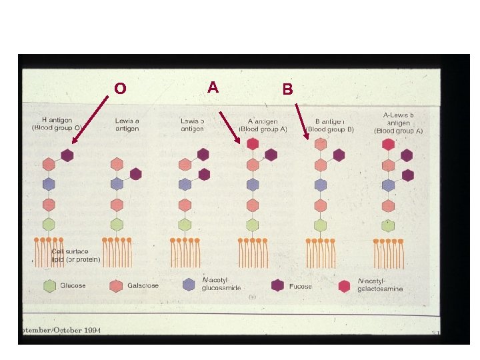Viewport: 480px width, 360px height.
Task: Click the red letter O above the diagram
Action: [x=120, y=88]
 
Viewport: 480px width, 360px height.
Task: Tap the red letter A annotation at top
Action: [x=213, y=87]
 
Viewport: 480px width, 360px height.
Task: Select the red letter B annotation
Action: [x=287, y=89]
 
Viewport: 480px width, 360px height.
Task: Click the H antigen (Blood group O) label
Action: [x=57, y=124]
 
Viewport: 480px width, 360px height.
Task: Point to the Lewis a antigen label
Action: [x=127, y=124]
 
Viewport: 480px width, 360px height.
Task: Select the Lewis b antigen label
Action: [x=193, y=124]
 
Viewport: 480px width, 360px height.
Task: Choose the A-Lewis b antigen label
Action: [x=399, y=123]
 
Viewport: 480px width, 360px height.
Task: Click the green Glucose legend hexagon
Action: [x=49, y=285]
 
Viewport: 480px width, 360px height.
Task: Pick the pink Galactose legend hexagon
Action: [x=115, y=285]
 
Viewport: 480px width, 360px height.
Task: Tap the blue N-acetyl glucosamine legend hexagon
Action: [x=189, y=285]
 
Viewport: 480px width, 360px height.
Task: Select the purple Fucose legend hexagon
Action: [x=277, y=285]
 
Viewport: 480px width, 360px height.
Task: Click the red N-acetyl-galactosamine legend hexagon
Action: [x=344, y=286]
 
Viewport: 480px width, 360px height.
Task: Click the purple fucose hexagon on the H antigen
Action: [x=67, y=155]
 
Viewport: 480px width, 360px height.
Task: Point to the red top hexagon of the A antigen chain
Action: [x=253, y=143]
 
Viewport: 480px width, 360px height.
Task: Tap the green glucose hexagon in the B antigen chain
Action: [x=321, y=225]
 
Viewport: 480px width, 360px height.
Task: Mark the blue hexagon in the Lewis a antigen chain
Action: [x=117, y=184]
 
